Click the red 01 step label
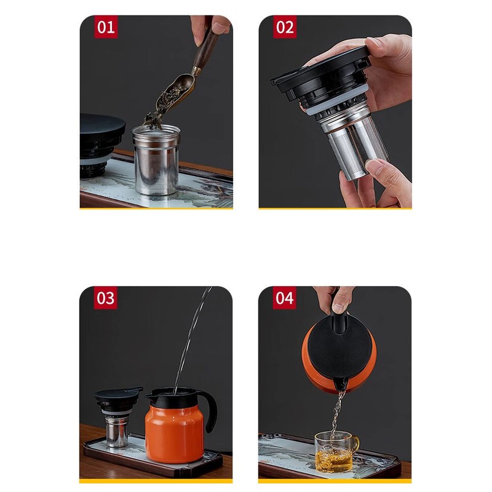pyautogui.click(x=106, y=27)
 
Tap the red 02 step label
pyautogui.click(x=285, y=27)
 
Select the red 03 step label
pyautogui.click(x=105, y=298)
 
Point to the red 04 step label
pyautogui.click(x=284, y=298)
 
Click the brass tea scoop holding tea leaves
pyautogui.click(x=172, y=94)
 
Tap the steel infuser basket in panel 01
pyautogui.click(x=156, y=159)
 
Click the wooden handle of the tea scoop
pyautogui.click(x=205, y=47)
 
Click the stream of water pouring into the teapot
pyautogui.click(x=192, y=339)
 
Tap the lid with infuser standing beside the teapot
pyautogui.click(x=117, y=415)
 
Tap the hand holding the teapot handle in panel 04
pyautogui.click(x=334, y=300)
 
